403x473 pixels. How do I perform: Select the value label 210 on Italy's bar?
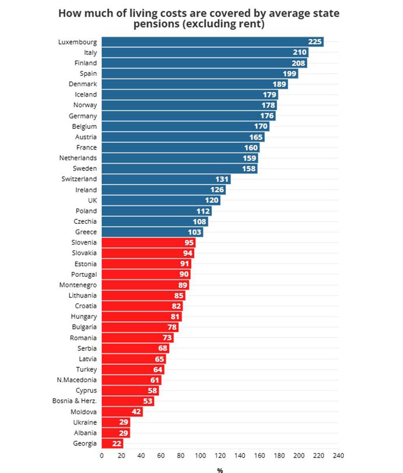pyautogui.click(x=300, y=52)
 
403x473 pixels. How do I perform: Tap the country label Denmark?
pyautogui.click(x=83, y=84)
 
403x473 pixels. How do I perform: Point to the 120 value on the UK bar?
pyautogui.click(x=212, y=200)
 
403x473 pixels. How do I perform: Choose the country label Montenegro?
pyautogui.click(x=78, y=285)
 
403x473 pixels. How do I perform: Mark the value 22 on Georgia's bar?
pyautogui.click(x=117, y=443)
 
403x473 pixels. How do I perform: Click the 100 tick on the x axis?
pyautogui.click(x=200, y=456)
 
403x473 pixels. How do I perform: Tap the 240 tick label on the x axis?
pyautogui.click(x=338, y=456)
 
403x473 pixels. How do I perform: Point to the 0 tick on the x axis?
pyautogui.click(x=102, y=456)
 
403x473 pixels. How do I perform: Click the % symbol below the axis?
pyautogui.click(x=220, y=470)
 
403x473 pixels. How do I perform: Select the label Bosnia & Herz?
pyautogui.click(x=74, y=401)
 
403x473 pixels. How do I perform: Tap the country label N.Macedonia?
pyautogui.click(x=77, y=380)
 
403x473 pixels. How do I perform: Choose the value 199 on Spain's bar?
pyautogui.click(x=290, y=73)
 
